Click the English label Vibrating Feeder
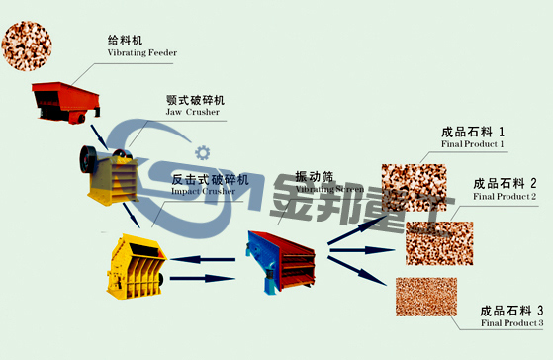coord(143,53)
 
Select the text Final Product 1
coord(473,144)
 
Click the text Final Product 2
coord(505,197)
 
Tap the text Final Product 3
coord(511,323)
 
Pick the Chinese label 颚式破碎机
coord(196,101)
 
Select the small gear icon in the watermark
coord(204,151)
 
